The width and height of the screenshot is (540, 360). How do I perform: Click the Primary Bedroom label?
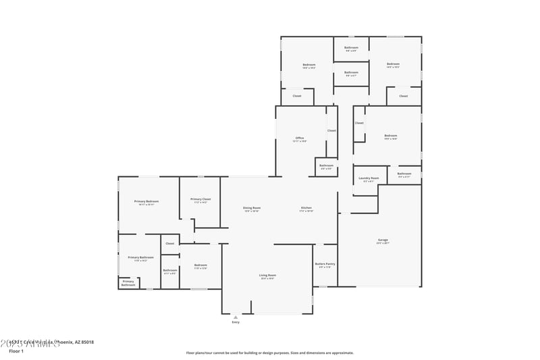pyautogui.click(x=146, y=201)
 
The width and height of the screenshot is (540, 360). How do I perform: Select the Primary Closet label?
pyautogui.click(x=200, y=199)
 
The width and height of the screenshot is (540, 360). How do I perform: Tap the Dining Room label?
pyautogui.click(x=252, y=207)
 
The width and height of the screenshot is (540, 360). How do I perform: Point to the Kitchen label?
pyautogui.click(x=306, y=207)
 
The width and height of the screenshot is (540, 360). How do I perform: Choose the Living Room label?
pyautogui.click(x=267, y=275)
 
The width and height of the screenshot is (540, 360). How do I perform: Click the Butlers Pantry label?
pyautogui.click(x=325, y=264)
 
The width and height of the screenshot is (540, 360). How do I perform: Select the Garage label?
pyautogui.click(x=383, y=240)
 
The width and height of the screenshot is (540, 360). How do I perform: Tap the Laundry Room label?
pyautogui.click(x=369, y=178)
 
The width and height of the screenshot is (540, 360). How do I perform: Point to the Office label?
pyautogui.click(x=299, y=138)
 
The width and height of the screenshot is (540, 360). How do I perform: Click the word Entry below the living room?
pyautogui.click(x=236, y=322)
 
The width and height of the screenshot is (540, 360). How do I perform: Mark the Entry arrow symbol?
pyautogui.click(x=236, y=317)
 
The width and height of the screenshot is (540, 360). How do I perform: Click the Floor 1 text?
pyautogui.click(x=16, y=351)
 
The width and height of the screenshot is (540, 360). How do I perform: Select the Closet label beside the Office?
pyautogui.click(x=331, y=130)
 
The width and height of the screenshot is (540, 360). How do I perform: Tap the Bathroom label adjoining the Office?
pyautogui.click(x=326, y=165)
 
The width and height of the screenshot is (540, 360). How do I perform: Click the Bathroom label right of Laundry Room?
pyautogui.click(x=404, y=174)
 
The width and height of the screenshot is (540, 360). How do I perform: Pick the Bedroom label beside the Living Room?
pyautogui.click(x=200, y=265)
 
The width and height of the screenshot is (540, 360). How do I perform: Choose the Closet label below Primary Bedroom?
pyautogui.click(x=169, y=243)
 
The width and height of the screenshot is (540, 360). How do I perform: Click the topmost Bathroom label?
pyautogui.click(x=351, y=47)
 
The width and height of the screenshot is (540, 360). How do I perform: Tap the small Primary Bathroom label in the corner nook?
pyautogui.click(x=128, y=283)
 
